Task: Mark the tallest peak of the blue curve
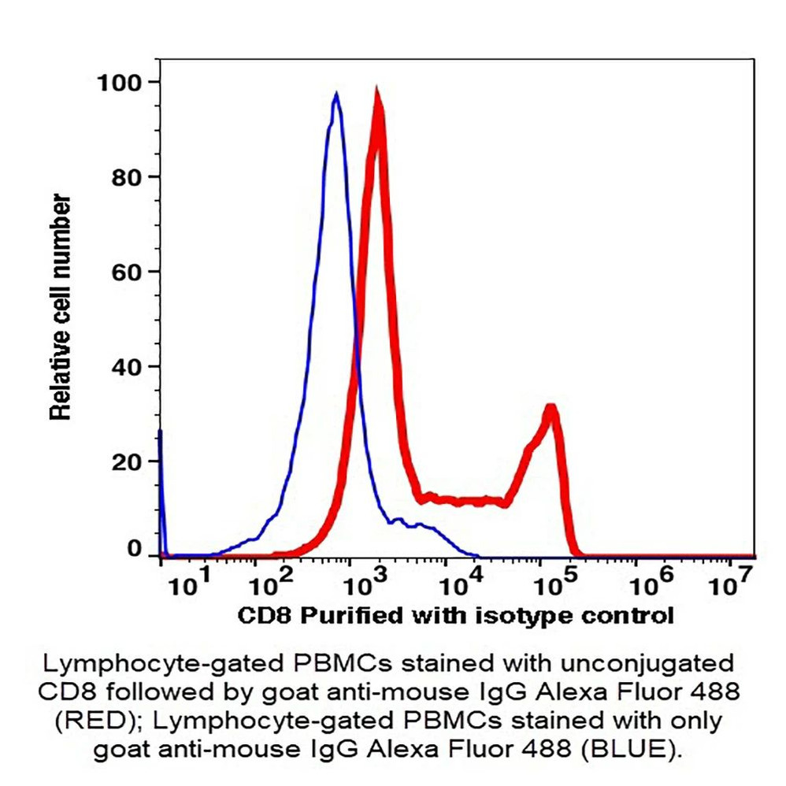point(336,95)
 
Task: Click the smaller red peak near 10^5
point(552,409)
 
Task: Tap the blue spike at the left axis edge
point(161,433)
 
